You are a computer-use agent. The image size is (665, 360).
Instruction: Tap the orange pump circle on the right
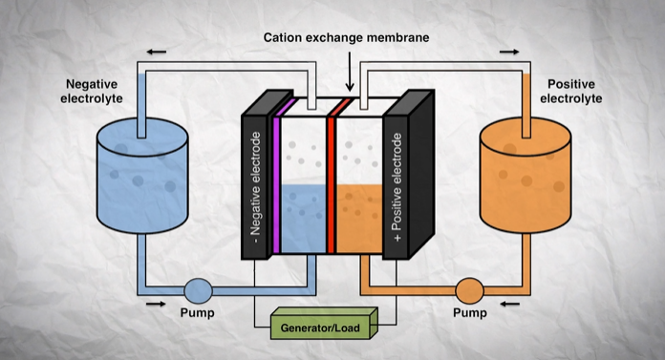(469, 289)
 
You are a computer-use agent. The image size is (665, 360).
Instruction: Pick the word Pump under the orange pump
(469, 313)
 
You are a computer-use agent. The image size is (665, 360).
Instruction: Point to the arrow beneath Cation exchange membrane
(351, 78)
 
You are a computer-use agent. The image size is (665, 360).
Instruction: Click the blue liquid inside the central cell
(306, 220)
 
